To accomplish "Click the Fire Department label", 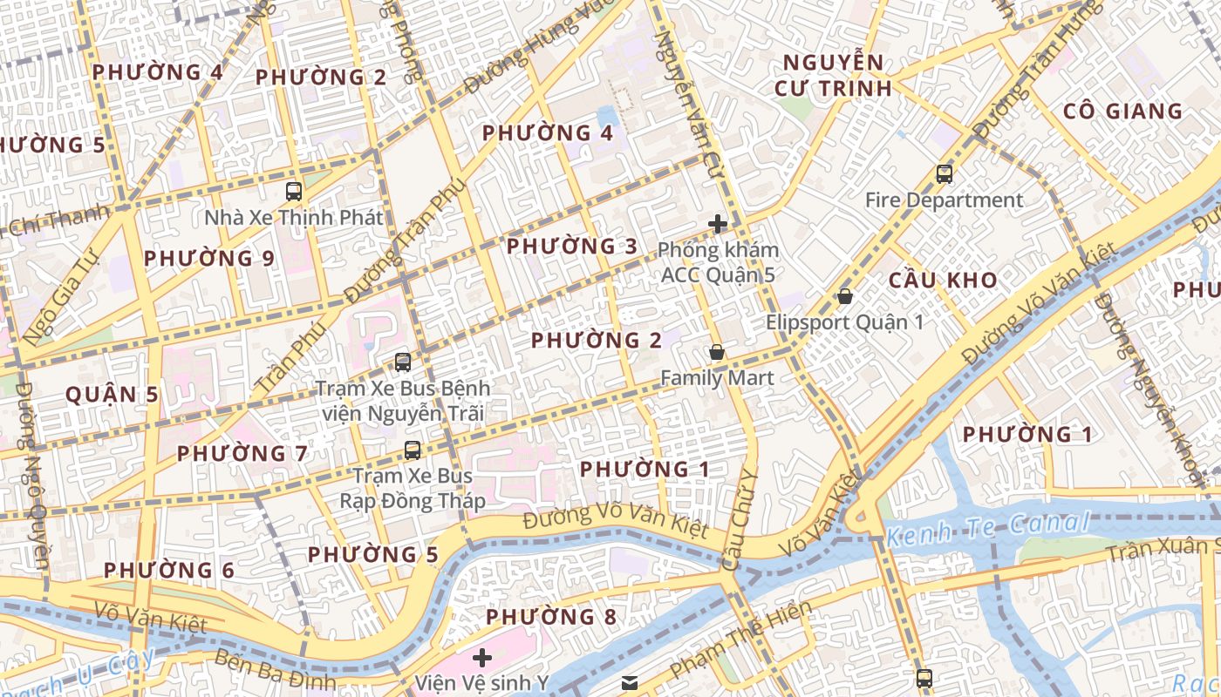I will coord(944,200).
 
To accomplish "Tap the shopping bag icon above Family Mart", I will coord(717,353).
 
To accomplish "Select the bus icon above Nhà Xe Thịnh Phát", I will coord(294,192).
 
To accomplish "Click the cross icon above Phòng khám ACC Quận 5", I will coord(718,224).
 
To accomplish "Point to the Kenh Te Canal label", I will coord(988,527).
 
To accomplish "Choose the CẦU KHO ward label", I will coord(943,281).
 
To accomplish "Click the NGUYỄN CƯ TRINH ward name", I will coord(833,75).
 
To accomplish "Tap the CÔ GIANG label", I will coord(1122,112).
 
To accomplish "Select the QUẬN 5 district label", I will coord(113,395).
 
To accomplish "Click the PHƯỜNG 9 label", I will coord(209,259).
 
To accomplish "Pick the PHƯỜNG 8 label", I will coord(551,618).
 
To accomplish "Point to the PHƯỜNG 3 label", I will coord(572,247).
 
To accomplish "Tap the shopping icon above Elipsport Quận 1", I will coord(844,296).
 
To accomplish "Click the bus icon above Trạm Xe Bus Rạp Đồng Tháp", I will coord(413,450).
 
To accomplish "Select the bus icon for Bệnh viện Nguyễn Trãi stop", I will coord(402,362).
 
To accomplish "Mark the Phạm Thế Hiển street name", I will coord(741,639).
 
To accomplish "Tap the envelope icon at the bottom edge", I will coord(630,683).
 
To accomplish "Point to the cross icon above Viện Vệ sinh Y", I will coord(482,657).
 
